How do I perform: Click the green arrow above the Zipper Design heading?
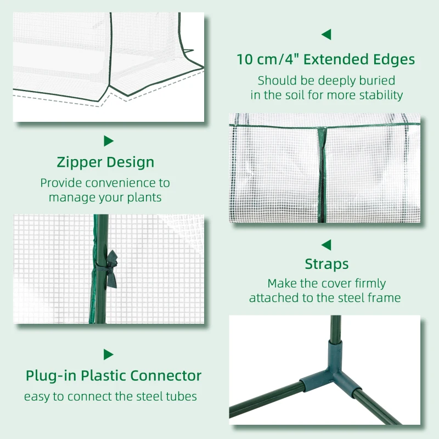click(108, 141)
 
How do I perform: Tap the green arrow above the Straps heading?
click(326, 245)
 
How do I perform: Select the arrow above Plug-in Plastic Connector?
click(108, 354)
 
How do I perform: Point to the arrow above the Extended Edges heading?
click(326, 35)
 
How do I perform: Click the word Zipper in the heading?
click(79, 162)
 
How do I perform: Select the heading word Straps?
click(327, 264)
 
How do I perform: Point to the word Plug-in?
click(51, 376)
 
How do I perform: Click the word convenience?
click(121, 183)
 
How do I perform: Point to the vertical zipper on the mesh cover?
click(322, 175)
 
